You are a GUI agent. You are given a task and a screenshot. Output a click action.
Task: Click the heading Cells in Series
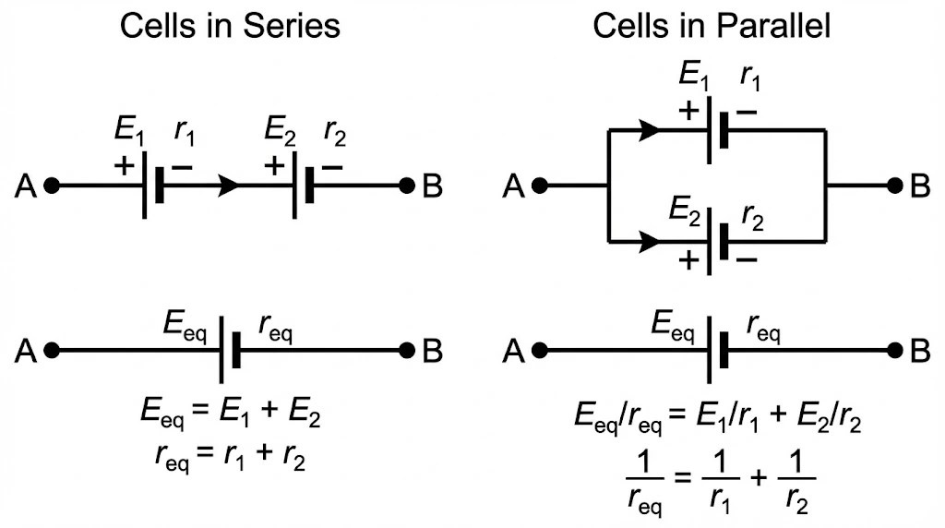[x=230, y=26]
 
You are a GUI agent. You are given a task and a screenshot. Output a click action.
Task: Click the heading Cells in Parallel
[x=712, y=26]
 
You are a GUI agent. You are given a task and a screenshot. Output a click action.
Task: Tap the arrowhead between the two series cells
[x=229, y=186]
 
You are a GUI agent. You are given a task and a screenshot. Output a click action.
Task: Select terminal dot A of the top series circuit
[x=53, y=186]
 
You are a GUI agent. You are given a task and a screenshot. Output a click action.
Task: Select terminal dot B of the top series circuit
[x=406, y=186]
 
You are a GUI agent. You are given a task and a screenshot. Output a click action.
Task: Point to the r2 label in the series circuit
[x=334, y=132]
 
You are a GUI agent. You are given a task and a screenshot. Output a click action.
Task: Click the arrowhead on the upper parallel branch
[x=650, y=130]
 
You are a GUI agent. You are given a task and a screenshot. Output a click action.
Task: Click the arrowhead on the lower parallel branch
[x=650, y=242]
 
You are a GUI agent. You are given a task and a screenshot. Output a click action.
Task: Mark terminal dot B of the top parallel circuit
[x=893, y=186]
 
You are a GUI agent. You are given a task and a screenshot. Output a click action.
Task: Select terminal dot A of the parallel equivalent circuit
[x=540, y=351]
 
